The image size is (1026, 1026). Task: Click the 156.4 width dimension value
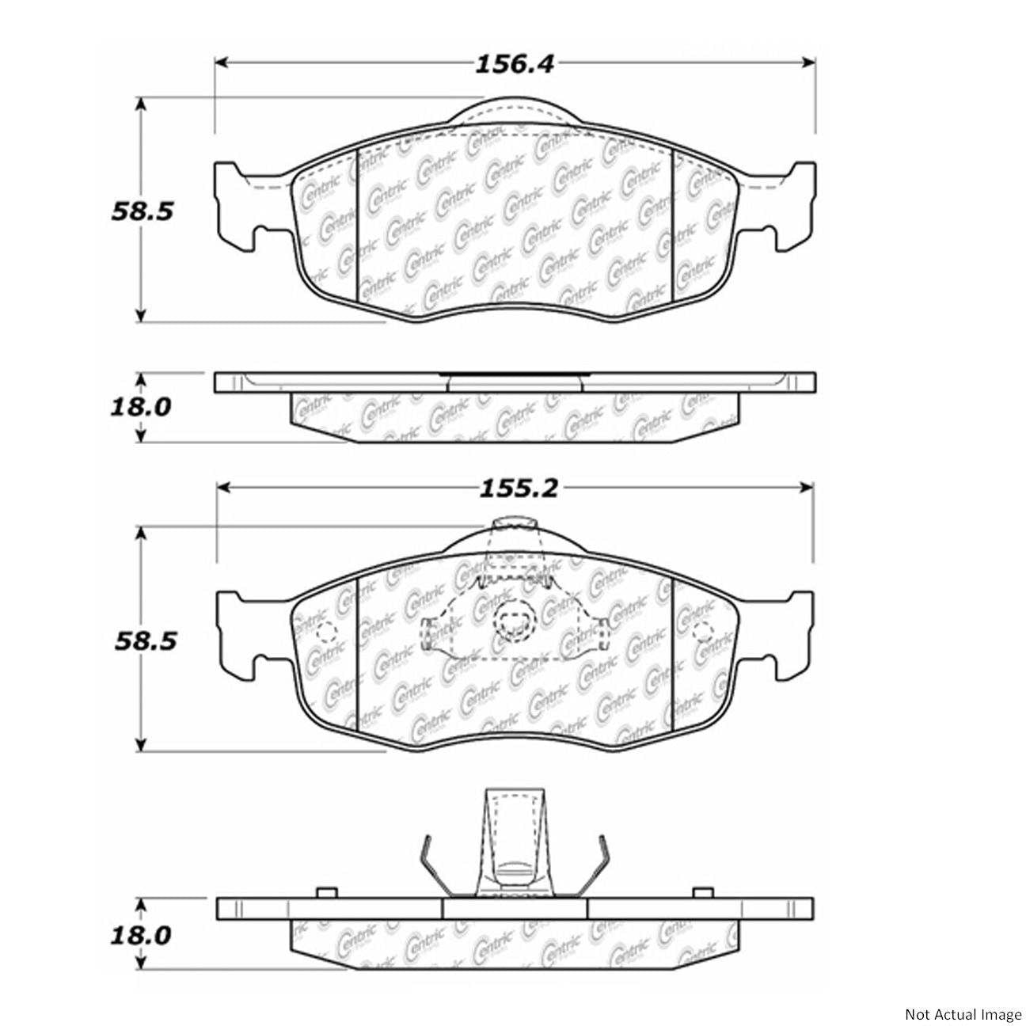click(x=515, y=64)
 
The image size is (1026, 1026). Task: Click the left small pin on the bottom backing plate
click(x=322, y=893)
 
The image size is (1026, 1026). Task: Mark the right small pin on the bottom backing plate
click(x=700, y=893)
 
